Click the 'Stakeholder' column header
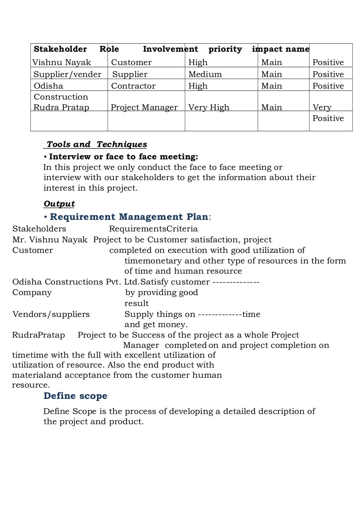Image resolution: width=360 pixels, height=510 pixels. (x=60, y=49)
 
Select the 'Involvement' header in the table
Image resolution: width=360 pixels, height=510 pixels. (x=170, y=49)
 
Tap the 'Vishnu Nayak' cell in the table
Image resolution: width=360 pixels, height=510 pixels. (x=62, y=63)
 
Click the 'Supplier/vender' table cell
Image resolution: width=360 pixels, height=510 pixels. (x=67, y=75)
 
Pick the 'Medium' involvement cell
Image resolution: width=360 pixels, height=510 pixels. (x=205, y=75)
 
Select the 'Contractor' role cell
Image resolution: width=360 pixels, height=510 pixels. (x=133, y=86)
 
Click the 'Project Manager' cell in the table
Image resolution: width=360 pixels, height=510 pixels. (x=144, y=108)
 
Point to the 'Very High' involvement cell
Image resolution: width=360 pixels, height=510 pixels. (x=208, y=108)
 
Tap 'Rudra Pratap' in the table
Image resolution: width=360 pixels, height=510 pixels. (x=61, y=108)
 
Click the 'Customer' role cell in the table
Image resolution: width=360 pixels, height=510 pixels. (x=131, y=63)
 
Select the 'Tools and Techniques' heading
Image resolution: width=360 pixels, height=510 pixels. (x=97, y=145)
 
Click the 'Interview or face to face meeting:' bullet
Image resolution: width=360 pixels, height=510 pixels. (x=123, y=157)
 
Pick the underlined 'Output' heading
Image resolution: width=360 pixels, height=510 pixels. (x=59, y=204)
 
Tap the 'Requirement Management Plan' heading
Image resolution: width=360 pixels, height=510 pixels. (x=129, y=217)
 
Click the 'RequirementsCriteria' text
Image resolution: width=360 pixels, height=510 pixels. (x=153, y=229)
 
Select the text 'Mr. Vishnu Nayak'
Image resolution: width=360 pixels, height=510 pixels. (x=50, y=240)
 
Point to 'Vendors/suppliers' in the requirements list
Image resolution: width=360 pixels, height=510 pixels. (x=51, y=314)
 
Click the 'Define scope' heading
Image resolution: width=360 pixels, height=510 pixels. (x=75, y=396)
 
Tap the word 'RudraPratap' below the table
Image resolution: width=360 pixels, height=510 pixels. (x=39, y=335)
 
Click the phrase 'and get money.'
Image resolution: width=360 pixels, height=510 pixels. (x=156, y=325)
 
